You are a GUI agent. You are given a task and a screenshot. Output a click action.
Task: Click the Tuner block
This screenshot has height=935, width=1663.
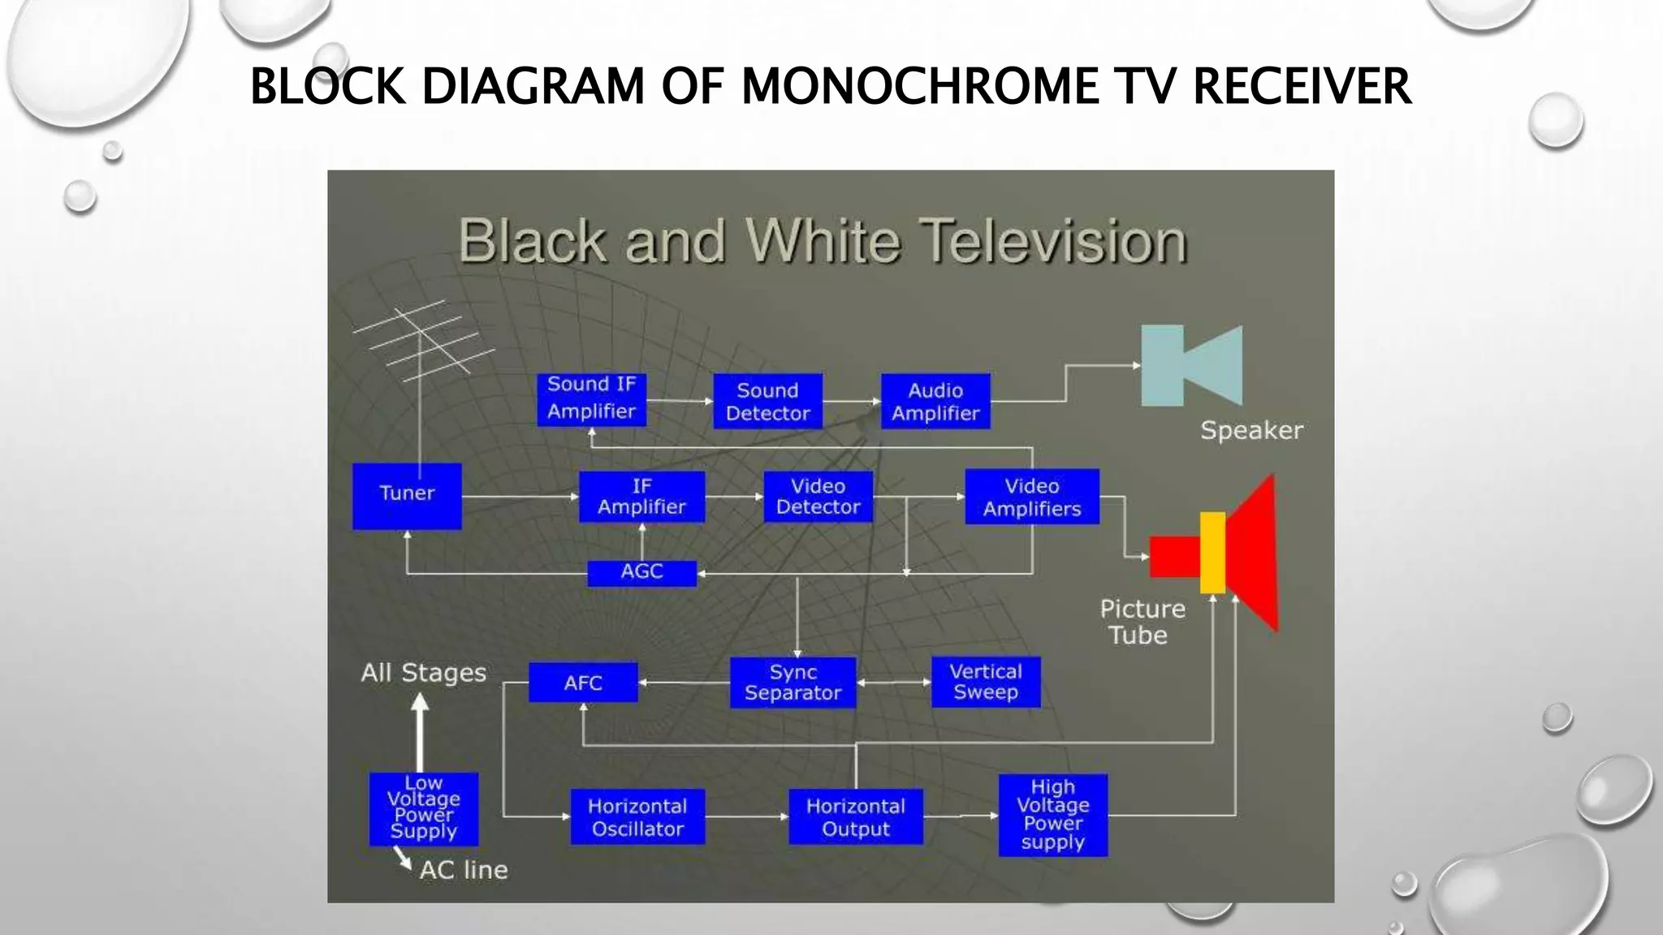click(x=407, y=496)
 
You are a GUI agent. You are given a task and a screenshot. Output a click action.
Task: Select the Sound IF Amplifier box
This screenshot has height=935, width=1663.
click(x=591, y=399)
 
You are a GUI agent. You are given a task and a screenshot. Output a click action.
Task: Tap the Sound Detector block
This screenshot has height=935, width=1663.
click(x=767, y=401)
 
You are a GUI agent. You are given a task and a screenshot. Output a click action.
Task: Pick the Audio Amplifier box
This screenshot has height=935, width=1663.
click(x=935, y=401)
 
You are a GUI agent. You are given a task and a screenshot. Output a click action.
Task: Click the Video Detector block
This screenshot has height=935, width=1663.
click(x=818, y=496)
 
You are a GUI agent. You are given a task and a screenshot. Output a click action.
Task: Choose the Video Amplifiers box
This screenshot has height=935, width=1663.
click(x=1032, y=497)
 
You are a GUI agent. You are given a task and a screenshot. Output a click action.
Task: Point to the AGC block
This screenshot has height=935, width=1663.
click(x=641, y=572)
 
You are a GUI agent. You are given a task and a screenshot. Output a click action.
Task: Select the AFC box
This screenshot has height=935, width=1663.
click(x=583, y=683)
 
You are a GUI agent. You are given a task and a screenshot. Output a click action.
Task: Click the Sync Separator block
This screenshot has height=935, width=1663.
click(x=793, y=683)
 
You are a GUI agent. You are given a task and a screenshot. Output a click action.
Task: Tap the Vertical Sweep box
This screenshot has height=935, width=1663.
click(x=985, y=682)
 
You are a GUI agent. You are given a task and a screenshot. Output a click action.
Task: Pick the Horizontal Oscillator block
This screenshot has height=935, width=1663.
click(x=637, y=817)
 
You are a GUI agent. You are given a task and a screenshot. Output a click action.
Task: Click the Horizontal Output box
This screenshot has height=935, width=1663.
click(x=855, y=817)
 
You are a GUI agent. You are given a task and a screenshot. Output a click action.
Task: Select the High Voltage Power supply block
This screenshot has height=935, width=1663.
click(x=1052, y=815)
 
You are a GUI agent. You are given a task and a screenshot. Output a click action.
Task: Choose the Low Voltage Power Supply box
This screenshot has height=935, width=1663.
click(x=423, y=808)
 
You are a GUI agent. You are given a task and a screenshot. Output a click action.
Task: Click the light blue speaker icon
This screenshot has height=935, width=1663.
click(x=1190, y=365)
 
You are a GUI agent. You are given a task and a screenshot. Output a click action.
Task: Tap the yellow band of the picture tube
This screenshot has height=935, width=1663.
click(x=1212, y=553)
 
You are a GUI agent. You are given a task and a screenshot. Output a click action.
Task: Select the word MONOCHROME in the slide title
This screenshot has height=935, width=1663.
click(x=920, y=86)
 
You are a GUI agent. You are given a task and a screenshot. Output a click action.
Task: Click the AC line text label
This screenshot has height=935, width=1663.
click(x=464, y=870)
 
